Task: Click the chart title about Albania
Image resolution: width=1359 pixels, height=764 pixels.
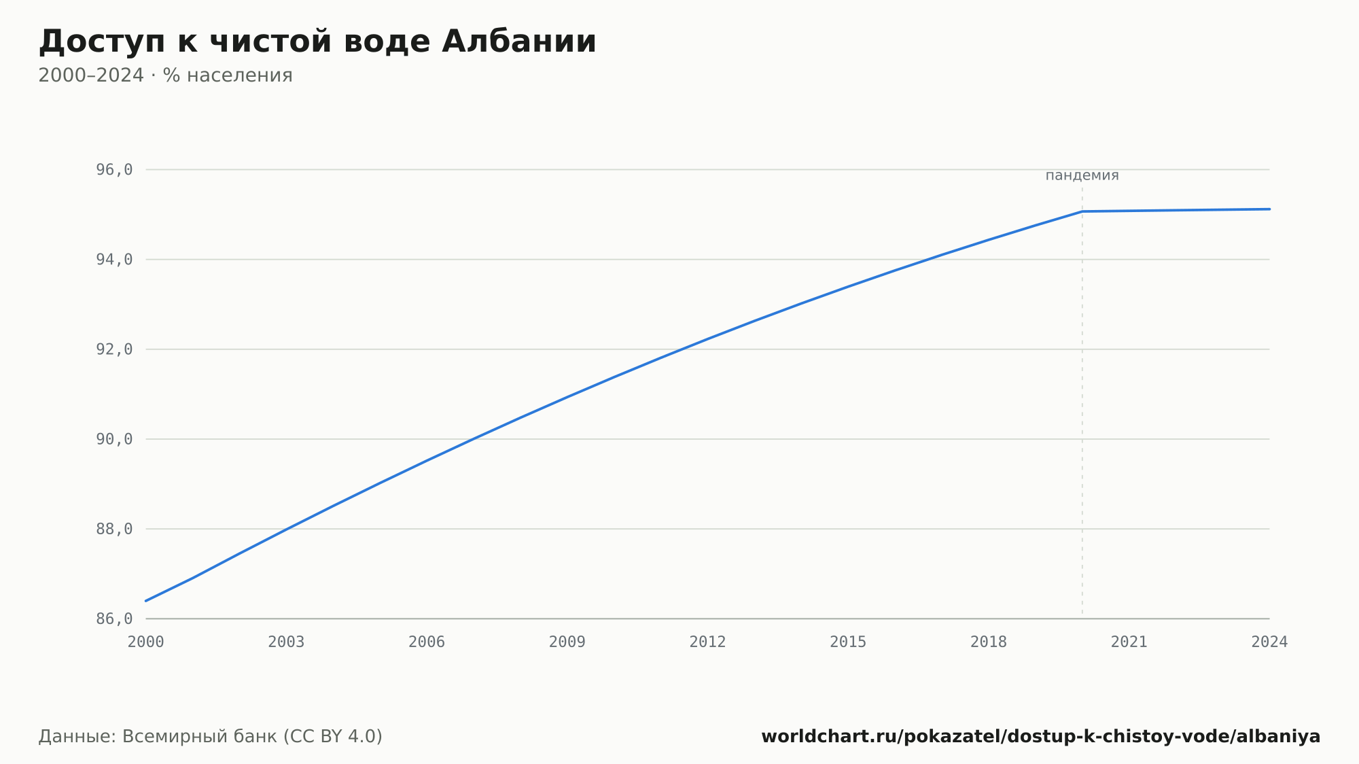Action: [x=317, y=41]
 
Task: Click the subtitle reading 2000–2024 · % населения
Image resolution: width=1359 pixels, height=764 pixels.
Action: [x=165, y=75]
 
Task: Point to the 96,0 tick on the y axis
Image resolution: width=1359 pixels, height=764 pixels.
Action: [x=114, y=170]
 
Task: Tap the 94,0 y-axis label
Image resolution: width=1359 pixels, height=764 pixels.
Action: [x=114, y=260]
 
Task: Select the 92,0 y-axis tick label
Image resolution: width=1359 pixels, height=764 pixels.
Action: [x=114, y=349]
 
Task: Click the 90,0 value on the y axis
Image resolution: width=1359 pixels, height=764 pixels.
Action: [x=114, y=439]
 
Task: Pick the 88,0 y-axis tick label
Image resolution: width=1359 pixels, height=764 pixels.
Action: [x=114, y=529]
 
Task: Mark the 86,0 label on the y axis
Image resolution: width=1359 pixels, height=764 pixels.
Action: [x=114, y=619]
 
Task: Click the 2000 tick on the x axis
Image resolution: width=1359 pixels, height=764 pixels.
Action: [x=146, y=642]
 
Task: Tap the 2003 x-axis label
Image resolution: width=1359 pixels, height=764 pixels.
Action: [x=286, y=642]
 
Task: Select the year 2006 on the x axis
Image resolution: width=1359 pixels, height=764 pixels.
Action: [x=427, y=642]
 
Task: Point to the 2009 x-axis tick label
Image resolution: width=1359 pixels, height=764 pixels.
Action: [x=567, y=642]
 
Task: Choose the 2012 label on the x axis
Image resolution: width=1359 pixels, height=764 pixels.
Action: [x=708, y=642]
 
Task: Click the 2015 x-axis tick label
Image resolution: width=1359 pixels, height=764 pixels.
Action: [x=848, y=642]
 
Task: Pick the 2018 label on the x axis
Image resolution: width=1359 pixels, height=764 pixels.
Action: [x=989, y=642]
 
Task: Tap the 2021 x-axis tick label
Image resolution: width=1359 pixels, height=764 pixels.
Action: [x=1129, y=642]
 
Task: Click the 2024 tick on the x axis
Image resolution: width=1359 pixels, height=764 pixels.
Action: [x=1269, y=642]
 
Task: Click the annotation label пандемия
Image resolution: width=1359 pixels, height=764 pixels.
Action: [x=1082, y=175]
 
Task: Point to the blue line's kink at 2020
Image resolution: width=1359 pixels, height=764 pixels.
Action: [x=1082, y=211]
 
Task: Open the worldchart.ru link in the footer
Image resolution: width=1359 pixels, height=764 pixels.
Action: [x=1040, y=737]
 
